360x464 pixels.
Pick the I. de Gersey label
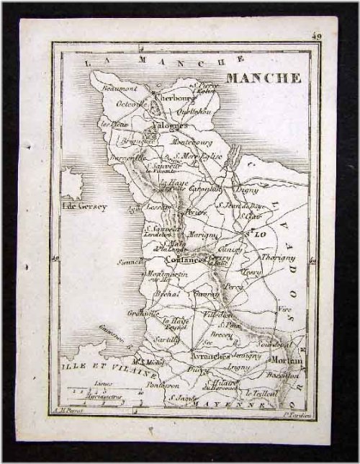[84, 207]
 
